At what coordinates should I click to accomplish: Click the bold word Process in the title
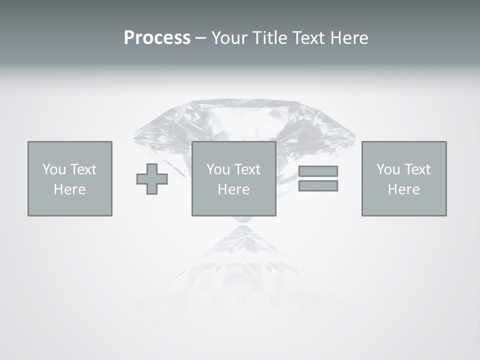(x=157, y=38)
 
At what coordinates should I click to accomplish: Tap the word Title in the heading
(x=272, y=38)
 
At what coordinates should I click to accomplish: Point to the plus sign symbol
(x=152, y=179)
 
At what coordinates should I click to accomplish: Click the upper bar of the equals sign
(x=318, y=171)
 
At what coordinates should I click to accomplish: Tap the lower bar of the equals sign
(x=318, y=185)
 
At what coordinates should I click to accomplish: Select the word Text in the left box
(x=83, y=169)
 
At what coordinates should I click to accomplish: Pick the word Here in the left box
(x=69, y=189)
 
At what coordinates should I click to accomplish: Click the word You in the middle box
(x=218, y=169)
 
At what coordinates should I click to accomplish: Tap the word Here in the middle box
(x=233, y=189)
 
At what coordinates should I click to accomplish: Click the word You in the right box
(x=388, y=169)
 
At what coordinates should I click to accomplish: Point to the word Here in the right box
(x=403, y=189)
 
